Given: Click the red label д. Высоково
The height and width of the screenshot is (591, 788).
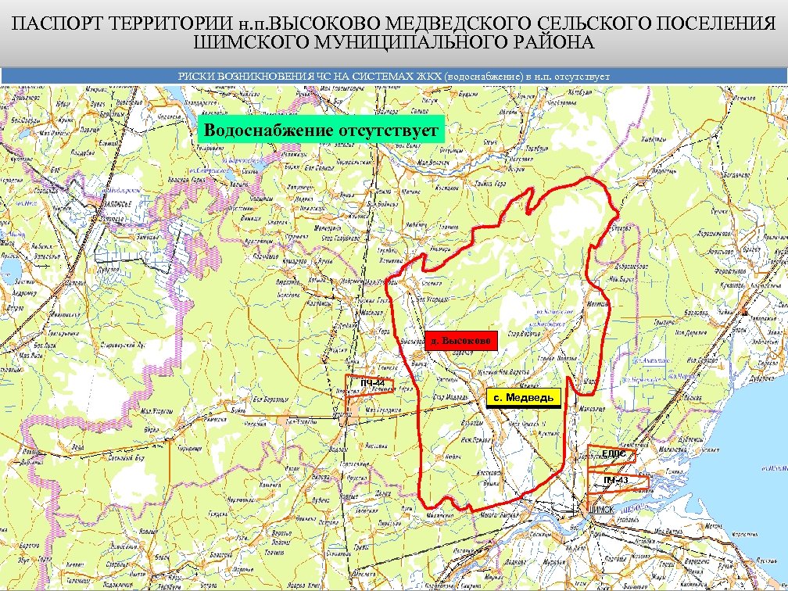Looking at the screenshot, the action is click(461, 341).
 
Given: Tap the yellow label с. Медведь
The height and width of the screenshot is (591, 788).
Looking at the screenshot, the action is click(523, 398).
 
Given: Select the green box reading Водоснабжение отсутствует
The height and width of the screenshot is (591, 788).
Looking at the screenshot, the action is click(321, 129).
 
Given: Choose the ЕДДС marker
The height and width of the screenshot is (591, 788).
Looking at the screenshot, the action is click(613, 453).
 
